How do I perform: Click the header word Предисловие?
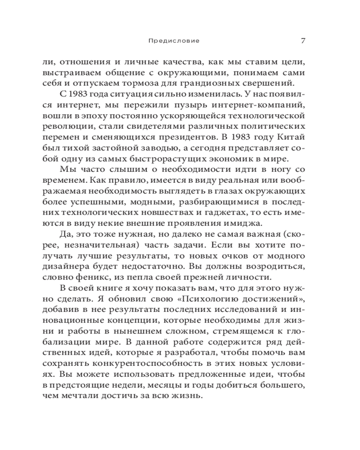[173, 40]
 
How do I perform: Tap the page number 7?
[303, 40]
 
